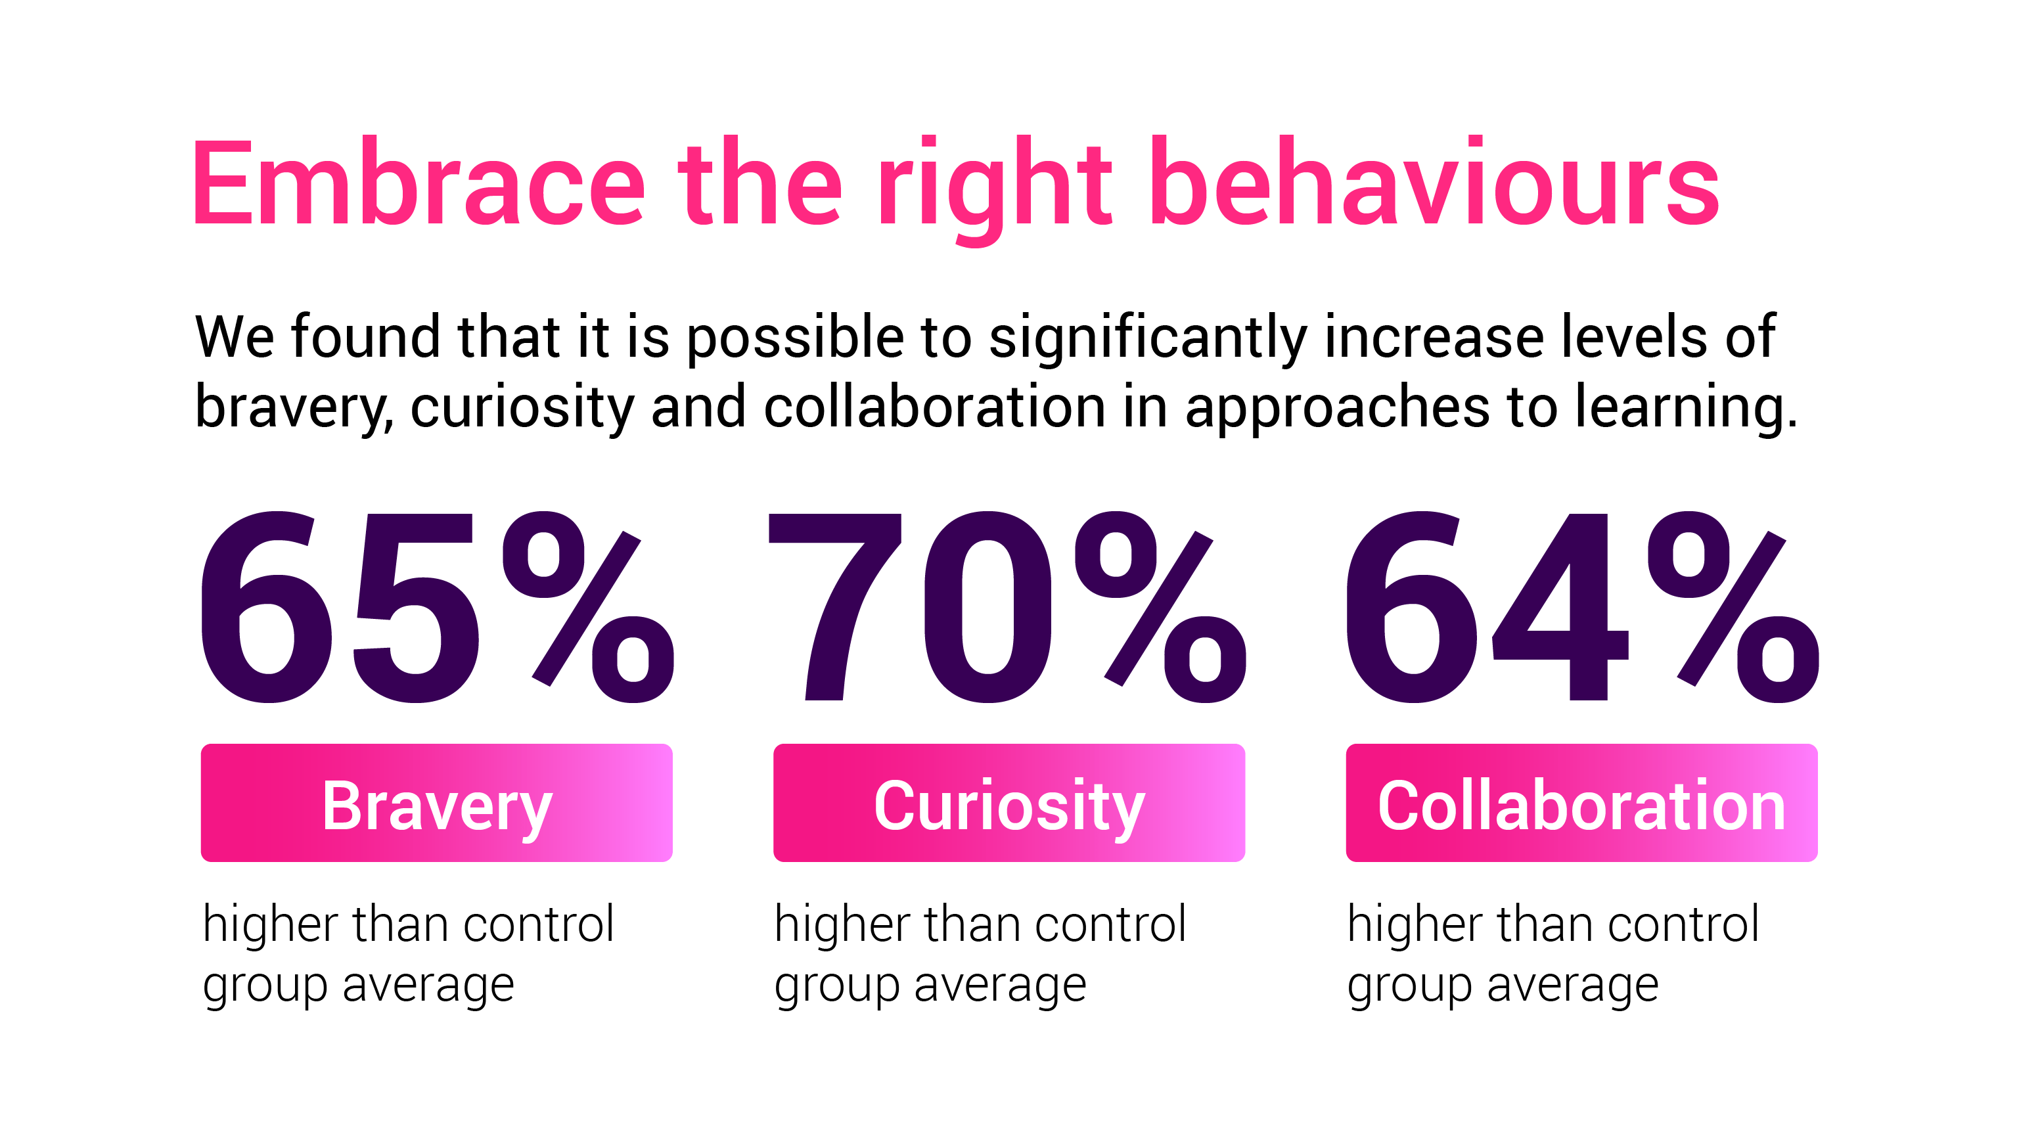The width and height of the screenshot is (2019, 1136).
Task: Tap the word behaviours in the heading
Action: tap(1434, 183)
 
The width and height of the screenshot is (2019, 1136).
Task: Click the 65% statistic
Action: tap(436, 607)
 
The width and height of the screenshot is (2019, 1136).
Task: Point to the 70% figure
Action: tap(1007, 607)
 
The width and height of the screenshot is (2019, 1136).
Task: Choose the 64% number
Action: tap(1580, 607)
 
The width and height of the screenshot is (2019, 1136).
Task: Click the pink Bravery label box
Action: tap(436, 804)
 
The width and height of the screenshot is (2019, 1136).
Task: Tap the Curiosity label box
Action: tap(1009, 804)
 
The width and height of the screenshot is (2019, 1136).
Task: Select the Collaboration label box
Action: tap(1581, 804)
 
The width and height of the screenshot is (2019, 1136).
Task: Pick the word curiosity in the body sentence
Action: tap(522, 407)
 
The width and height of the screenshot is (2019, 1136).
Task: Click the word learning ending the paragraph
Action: tap(1685, 407)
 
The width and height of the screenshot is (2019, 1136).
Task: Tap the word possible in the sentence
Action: tap(795, 338)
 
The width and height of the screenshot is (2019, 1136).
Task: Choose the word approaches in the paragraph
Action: tap(1337, 407)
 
